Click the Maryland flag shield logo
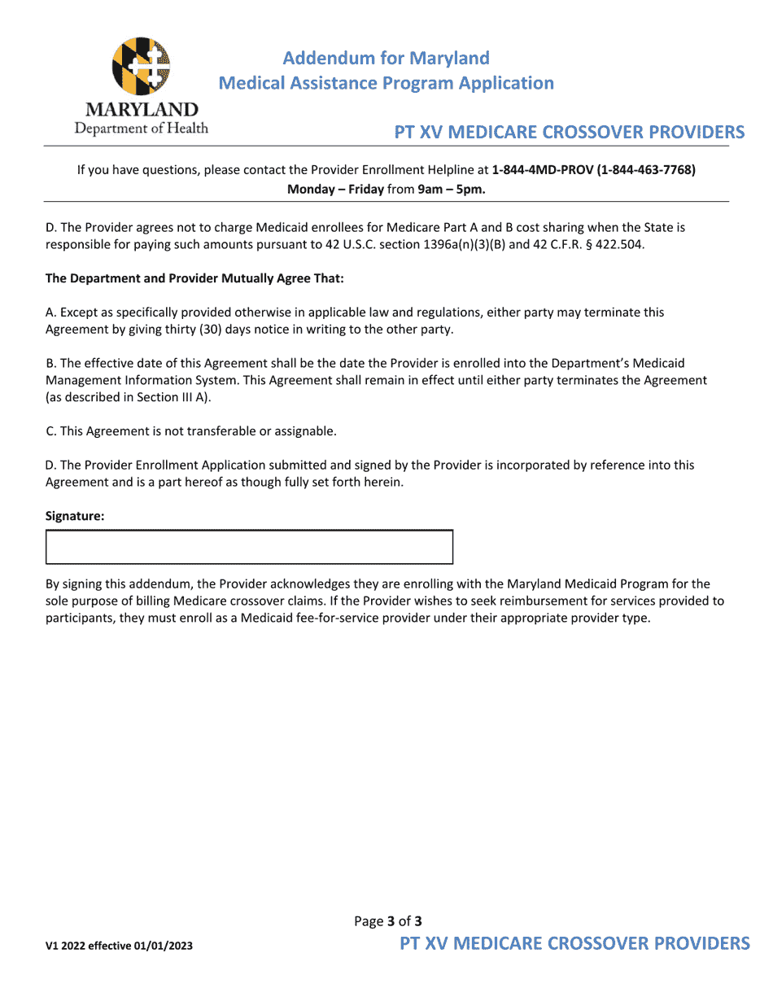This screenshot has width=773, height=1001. (142, 66)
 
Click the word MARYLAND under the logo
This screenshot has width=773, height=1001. (142, 110)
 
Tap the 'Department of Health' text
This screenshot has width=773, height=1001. (142, 129)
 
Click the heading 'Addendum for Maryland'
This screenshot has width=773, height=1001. (386, 59)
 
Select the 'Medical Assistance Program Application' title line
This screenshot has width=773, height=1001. (386, 83)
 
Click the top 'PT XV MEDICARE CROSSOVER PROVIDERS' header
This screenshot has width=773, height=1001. (570, 133)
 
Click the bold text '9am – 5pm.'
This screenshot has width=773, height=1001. (451, 189)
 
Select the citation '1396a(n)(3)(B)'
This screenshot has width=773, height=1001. (464, 245)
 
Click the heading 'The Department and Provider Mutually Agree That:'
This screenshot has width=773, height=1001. (194, 278)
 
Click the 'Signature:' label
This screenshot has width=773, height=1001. (75, 516)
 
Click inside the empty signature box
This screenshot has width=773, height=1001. (249, 547)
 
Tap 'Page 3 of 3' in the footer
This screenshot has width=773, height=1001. (388, 921)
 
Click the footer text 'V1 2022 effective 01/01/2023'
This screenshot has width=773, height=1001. (119, 946)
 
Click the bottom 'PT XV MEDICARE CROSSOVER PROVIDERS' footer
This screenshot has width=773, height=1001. (574, 943)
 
